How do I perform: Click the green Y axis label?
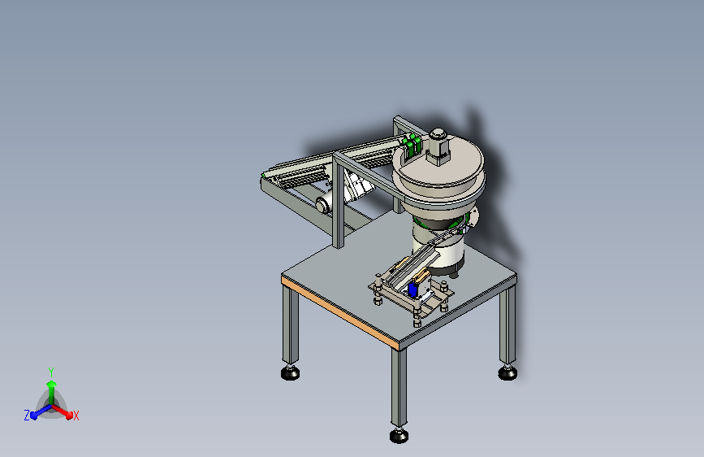click(51, 372)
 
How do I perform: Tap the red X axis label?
click(76, 416)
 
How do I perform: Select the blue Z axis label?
click(27, 416)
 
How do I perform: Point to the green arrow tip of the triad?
click(52, 384)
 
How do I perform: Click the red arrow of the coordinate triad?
click(62, 411)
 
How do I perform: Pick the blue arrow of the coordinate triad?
click(41, 411)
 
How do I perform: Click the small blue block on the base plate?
click(413, 289)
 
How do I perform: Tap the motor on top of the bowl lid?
click(438, 146)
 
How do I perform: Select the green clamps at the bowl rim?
click(412, 146)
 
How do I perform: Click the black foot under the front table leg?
click(399, 435)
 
